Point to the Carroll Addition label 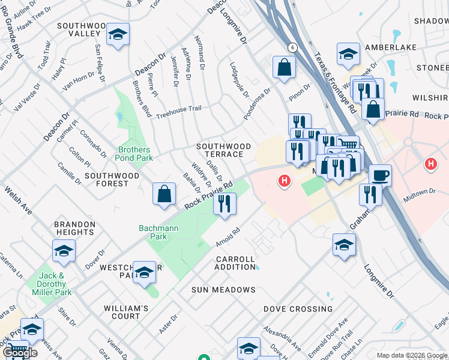point(235,262)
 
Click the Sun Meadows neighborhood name point(223,290)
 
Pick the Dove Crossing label point(298,309)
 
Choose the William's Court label point(125,312)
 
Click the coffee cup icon point(380,175)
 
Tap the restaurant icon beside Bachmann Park point(224,203)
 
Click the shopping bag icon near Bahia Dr point(164,194)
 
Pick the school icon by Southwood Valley point(118,35)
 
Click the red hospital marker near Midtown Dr point(430,163)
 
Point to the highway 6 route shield point(292,47)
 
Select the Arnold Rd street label point(228,237)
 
